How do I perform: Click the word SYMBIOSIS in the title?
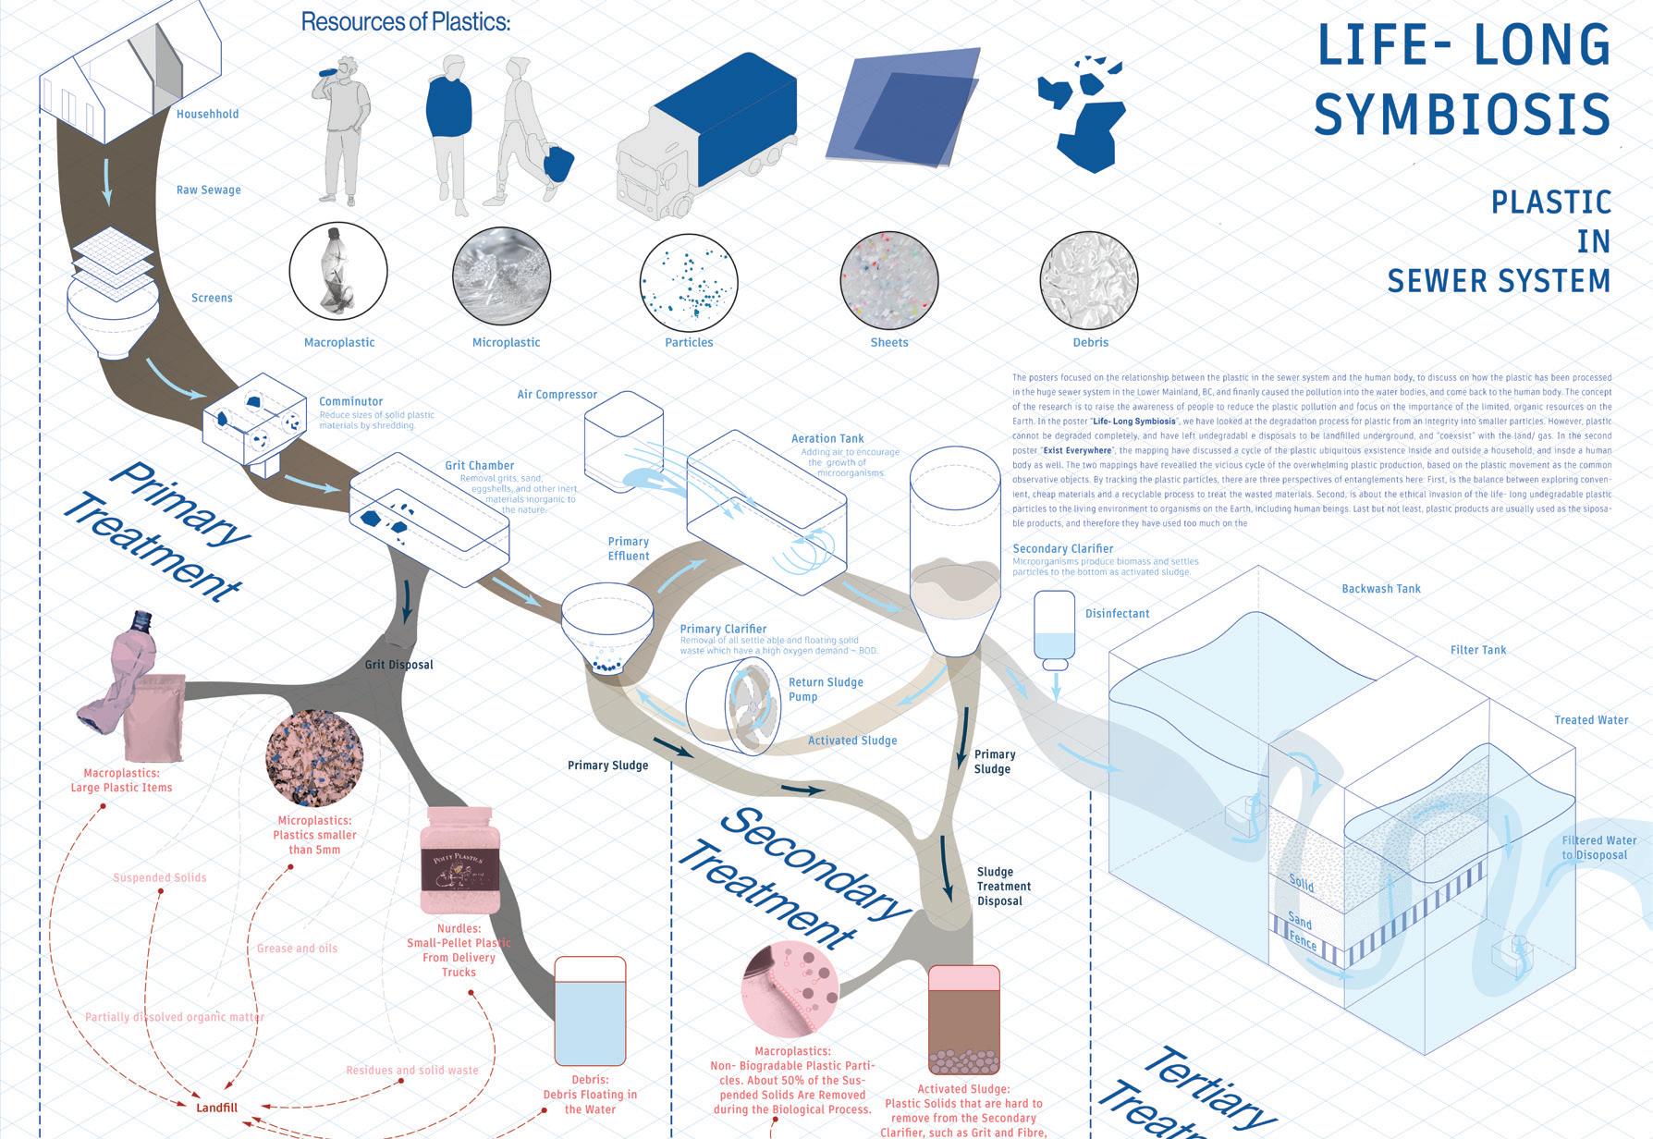[1462, 115]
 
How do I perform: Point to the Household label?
[207, 115]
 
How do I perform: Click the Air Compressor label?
[557, 395]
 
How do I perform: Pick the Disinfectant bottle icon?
[1054, 631]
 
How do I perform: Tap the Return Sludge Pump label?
[825, 690]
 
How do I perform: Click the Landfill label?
[217, 1108]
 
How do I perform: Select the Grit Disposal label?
[398, 665]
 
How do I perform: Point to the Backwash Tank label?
[1381, 589]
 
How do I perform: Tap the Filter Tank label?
[1478, 650]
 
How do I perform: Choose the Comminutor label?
[350, 401]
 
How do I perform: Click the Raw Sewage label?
[208, 190]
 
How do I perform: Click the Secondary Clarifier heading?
[1062, 549]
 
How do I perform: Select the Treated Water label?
[1591, 720]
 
